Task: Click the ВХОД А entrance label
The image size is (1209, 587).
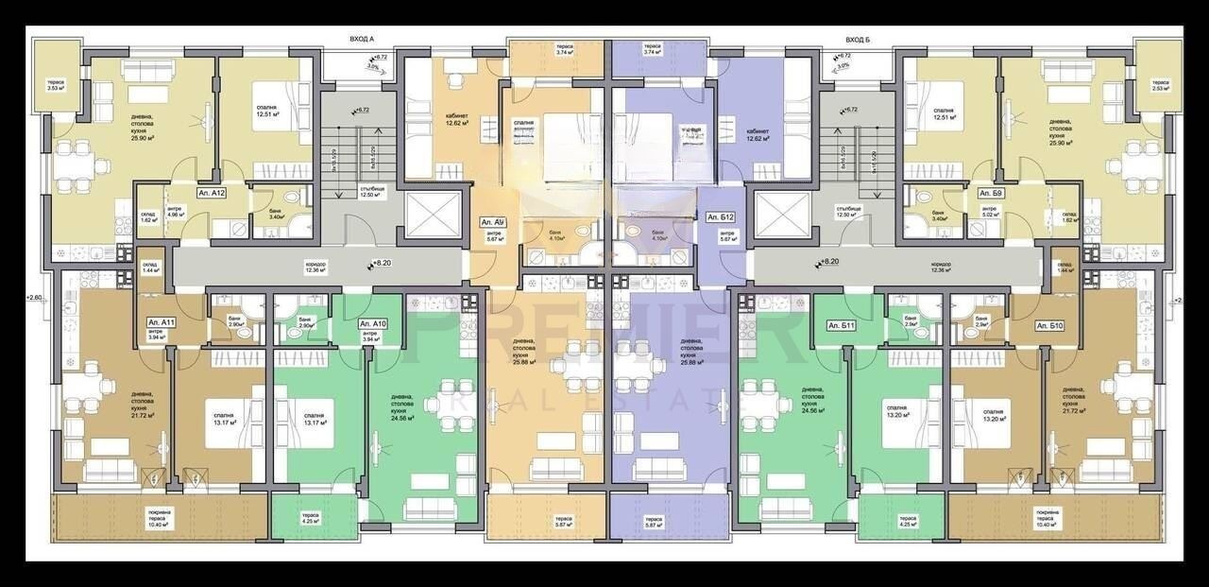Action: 362,40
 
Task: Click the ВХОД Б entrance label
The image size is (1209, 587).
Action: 857,40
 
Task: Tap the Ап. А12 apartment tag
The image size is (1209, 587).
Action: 210,192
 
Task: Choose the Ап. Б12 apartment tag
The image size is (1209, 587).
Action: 721,217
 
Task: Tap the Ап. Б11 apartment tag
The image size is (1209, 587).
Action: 841,326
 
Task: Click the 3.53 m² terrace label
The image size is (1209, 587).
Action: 56,86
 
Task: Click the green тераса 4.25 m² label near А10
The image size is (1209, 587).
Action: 310,518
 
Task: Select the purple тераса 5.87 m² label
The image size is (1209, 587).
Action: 652,521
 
